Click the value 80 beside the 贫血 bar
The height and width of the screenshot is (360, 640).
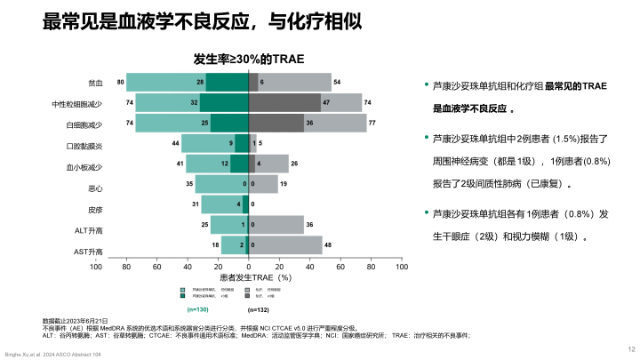(120, 83)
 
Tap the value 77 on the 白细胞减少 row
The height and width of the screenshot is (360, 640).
(372, 124)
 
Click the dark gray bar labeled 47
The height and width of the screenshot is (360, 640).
(284, 102)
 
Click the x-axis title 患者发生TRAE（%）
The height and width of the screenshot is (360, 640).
(250, 277)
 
